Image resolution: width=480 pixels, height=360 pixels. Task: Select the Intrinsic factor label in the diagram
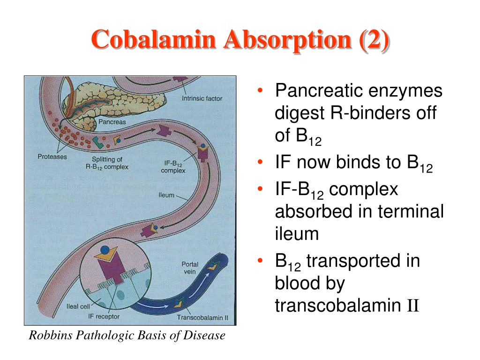(202, 98)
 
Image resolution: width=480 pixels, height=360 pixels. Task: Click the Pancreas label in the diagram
(112, 122)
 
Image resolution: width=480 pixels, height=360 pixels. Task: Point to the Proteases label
(52, 157)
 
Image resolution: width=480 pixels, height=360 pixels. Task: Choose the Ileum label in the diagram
(166, 195)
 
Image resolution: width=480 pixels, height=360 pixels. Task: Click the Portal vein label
(190, 268)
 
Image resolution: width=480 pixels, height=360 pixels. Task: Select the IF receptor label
(104, 317)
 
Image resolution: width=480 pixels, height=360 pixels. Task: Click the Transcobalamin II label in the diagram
(202, 317)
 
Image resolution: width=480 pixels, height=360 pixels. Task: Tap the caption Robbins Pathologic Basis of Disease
(127, 336)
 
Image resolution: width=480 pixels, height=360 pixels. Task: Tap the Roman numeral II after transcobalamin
(413, 306)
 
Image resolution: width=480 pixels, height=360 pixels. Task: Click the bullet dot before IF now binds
(260, 163)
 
